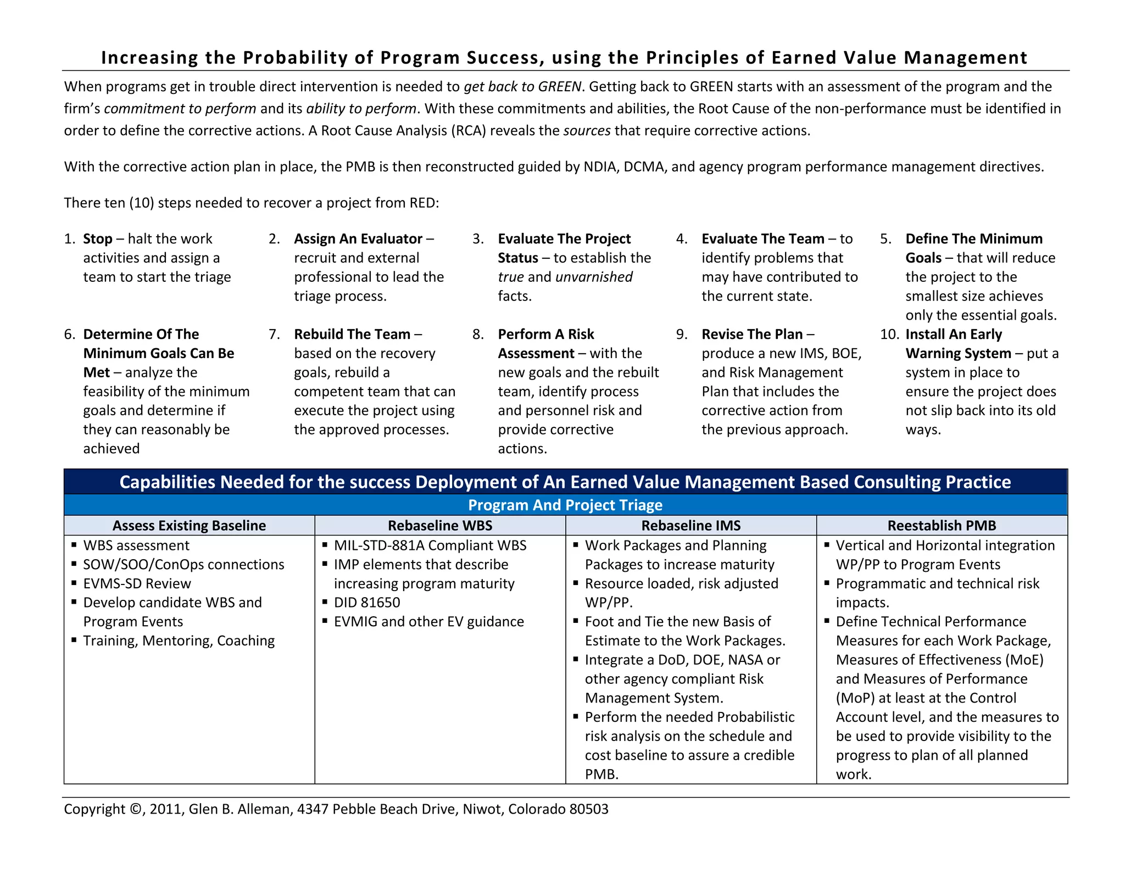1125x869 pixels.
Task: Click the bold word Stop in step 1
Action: (x=97, y=239)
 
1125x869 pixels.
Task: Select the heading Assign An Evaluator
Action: (x=358, y=239)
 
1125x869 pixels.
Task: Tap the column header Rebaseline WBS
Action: (x=439, y=526)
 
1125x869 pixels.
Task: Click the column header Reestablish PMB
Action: (x=942, y=526)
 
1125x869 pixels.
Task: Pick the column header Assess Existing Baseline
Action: (x=189, y=526)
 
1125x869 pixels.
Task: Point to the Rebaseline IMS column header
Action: (x=690, y=526)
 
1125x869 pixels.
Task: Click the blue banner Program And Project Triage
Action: (x=565, y=505)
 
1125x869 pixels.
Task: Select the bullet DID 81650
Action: (x=366, y=603)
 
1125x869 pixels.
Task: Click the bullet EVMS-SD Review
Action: (x=137, y=583)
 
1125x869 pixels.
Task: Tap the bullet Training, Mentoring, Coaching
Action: (x=179, y=640)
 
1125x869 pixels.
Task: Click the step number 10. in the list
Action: (x=889, y=335)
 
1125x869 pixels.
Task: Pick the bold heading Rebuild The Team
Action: (x=352, y=335)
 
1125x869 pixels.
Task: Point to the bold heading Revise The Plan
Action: (x=751, y=335)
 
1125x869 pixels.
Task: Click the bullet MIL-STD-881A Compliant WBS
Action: (x=430, y=545)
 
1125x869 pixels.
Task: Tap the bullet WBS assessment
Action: (x=136, y=545)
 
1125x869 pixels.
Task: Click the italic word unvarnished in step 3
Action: (x=594, y=277)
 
